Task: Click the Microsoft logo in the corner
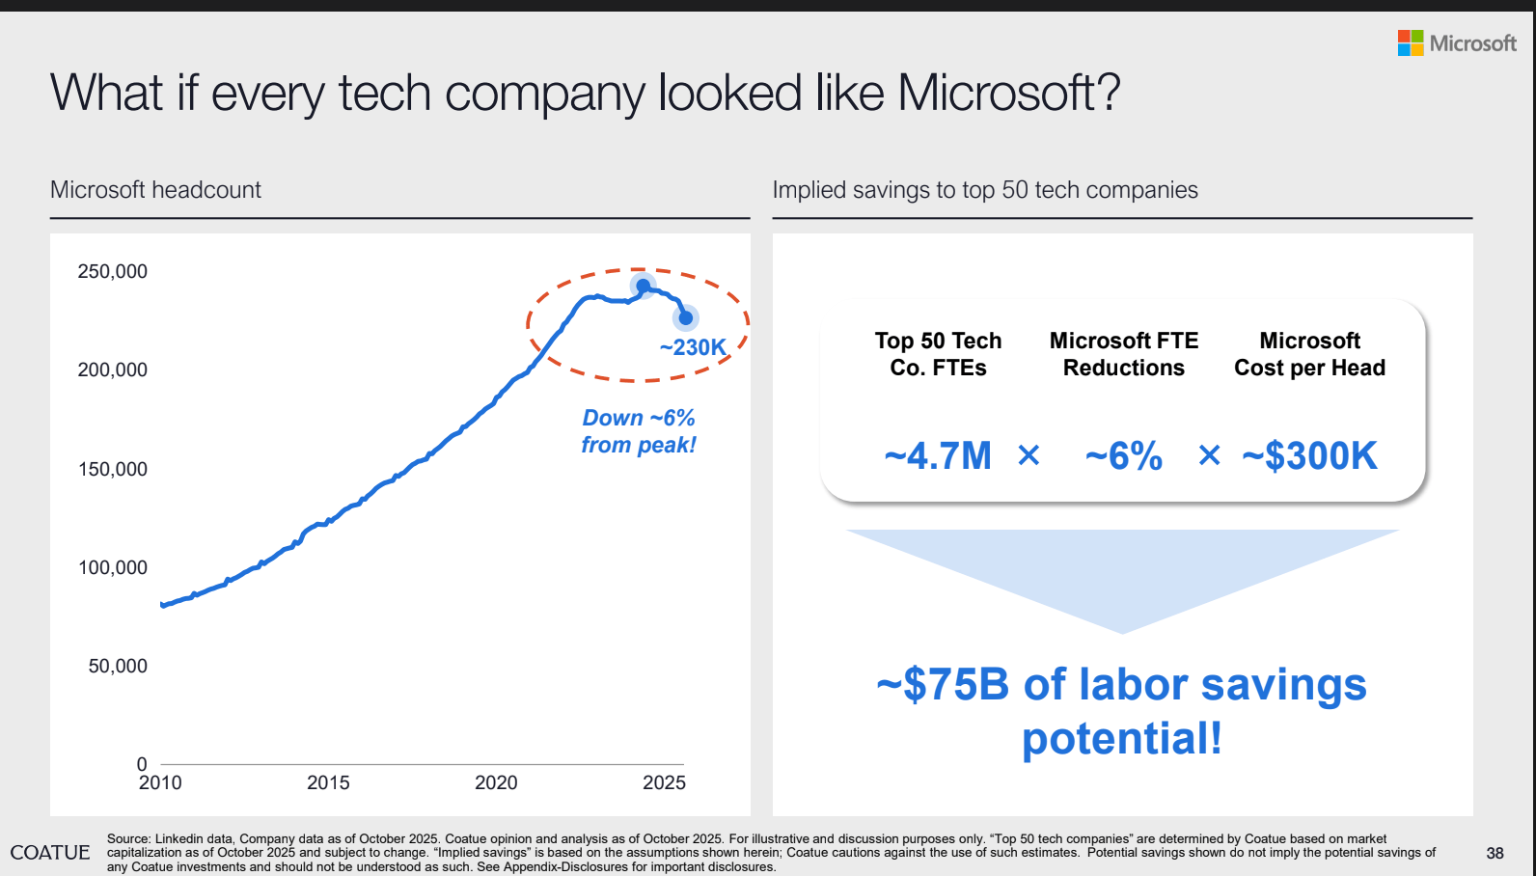(x=1457, y=43)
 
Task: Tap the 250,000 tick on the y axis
(x=113, y=272)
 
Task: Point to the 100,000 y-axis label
(x=113, y=568)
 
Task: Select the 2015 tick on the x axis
(x=328, y=782)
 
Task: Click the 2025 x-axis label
(x=664, y=782)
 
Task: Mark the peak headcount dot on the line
(x=643, y=286)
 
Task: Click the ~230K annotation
(x=693, y=347)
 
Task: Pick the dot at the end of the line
(x=686, y=317)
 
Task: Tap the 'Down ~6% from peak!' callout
(x=639, y=431)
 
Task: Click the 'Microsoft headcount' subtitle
(x=155, y=190)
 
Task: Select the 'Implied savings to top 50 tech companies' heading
(x=985, y=190)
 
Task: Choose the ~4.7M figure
(x=938, y=456)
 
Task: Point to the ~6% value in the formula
(x=1124, y=456)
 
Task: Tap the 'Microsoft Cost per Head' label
(x=1310, y=354)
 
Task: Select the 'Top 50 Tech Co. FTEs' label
(x=938, y=354)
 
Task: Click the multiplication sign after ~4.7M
(x=1029, y=455)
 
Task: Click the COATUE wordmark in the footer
(x=50, y=853)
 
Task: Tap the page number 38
(x=1495, y=853)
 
